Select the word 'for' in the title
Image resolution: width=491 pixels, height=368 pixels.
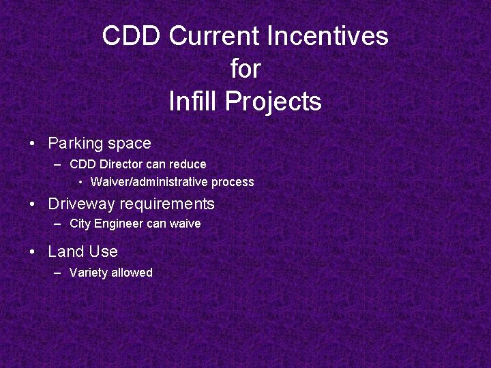coord(245,69)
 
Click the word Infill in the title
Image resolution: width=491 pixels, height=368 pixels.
coord(193,102)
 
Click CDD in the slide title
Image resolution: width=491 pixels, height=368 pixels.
coord(132,36)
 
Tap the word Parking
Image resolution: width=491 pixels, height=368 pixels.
coord(75,144)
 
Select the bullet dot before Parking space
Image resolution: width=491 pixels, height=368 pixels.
coord(32,144)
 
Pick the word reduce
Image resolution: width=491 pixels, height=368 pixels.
coord(187,164)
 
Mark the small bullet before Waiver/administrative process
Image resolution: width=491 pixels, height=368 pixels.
coord(80,182)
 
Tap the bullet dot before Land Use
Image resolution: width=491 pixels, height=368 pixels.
coord(32,252)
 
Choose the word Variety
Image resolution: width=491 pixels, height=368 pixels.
coord(89,273)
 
